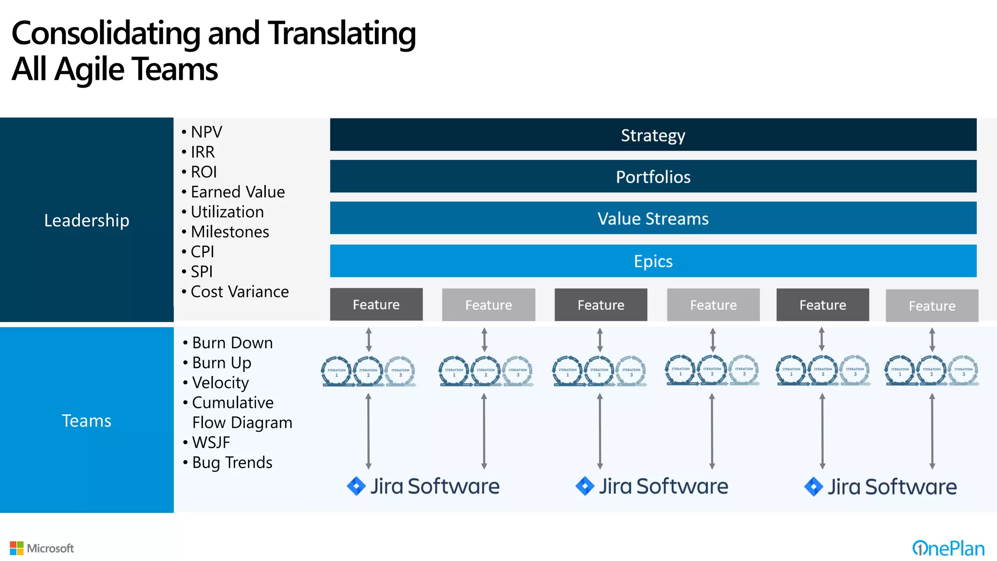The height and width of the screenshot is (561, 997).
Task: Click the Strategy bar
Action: (653, 135)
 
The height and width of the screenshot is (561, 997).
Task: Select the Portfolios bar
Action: (653, 176)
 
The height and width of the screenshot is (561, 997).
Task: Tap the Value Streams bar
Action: (653, 218)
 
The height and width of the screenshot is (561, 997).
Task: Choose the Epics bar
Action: (653, 261)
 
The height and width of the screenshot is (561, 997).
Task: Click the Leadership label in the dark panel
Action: (87, 220)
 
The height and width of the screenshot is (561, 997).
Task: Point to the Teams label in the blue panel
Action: (87, 420)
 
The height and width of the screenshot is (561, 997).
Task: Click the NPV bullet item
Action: (206, 132)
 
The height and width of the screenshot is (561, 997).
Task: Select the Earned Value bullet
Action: (238, 192)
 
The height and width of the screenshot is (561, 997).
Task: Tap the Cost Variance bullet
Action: (240, 292)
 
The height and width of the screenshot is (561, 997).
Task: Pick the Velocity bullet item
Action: (220, 383)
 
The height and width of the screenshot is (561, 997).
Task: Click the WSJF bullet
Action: (211, 442)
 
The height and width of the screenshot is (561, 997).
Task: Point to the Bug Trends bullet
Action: (232, 462)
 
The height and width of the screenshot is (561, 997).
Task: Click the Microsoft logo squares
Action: (17, 548)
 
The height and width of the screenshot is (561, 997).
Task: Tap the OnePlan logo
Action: (948, 548)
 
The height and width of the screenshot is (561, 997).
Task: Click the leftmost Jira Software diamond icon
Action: (356, 486)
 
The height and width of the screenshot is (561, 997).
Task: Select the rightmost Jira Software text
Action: (892, 486)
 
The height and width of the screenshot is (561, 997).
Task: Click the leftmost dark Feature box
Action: (376, 304)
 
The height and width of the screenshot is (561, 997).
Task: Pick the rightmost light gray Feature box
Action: (932, 305)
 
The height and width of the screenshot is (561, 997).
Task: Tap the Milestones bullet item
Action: (230, 232)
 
